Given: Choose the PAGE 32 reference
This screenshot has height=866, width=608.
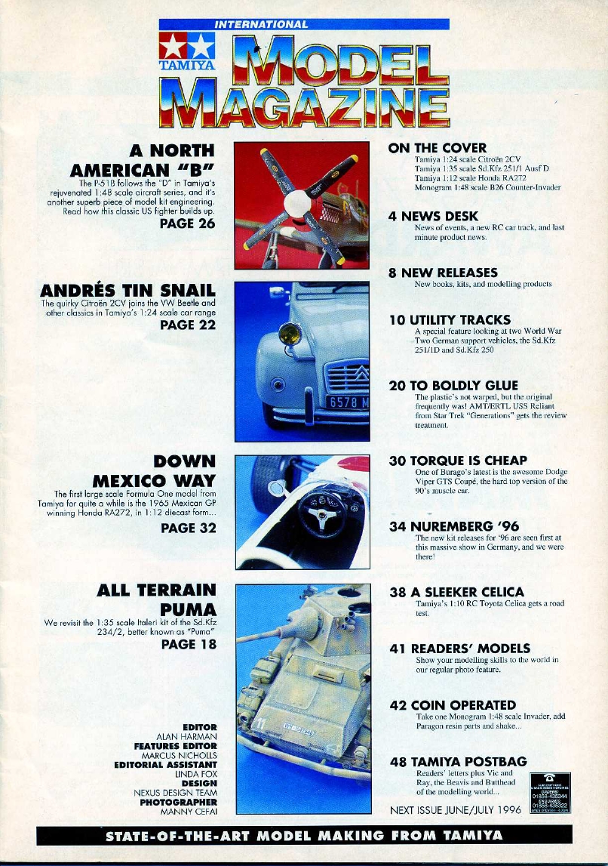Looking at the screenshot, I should pyautogui.click(x=188, y=528).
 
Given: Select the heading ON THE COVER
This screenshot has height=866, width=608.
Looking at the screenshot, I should pyautogui.click(x=437, y=148).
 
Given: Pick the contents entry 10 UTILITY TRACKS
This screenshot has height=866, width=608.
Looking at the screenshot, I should pyautogui.click(x=450, y=320).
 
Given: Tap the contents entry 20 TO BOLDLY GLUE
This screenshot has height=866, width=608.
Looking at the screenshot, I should pyautogui.click(x=453, y=385).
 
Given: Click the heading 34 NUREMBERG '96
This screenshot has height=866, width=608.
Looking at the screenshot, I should pyautogui.click(x=453, y=526).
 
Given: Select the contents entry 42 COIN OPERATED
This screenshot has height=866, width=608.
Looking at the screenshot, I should pyautogui.click(x=453, y=705).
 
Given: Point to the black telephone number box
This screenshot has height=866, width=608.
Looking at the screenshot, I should pyautogui.click(x=549, y=792).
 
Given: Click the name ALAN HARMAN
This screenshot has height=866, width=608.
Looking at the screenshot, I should pyautogui.click(x=186, y=736).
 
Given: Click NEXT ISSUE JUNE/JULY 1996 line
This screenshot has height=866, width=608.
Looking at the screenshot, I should pyautogui.click(x=456, y=810).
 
